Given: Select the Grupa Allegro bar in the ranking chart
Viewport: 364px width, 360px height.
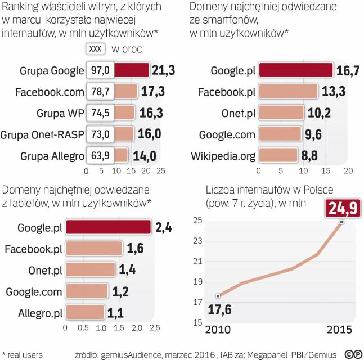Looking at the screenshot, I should (x=123, y=155).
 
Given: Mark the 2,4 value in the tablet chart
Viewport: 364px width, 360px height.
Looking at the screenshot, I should (x=164, y=227).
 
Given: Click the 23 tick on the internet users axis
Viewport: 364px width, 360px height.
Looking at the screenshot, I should (x=197, y=241).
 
